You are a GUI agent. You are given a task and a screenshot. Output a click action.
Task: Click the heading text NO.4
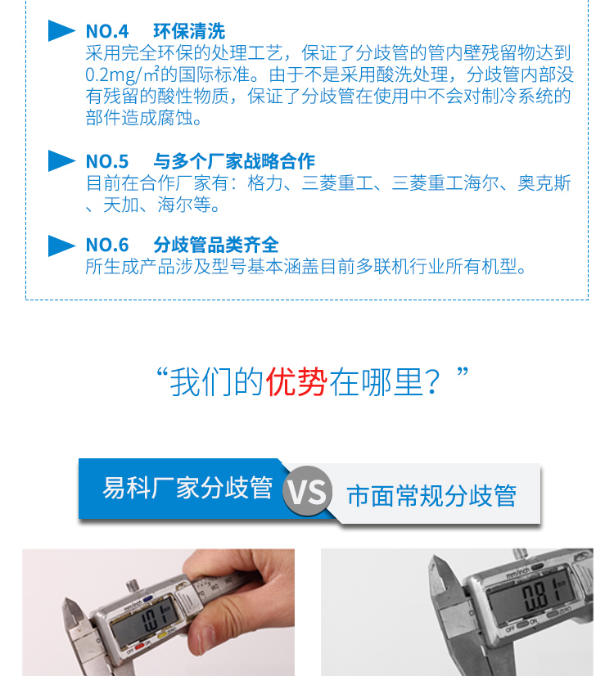click(x=107, y=32)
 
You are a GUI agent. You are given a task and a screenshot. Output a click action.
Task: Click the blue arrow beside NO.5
click(x=61, y=161)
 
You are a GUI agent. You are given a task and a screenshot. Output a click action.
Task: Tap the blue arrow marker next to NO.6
click(x=61, y=245)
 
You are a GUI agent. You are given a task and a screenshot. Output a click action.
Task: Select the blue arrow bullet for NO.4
click(x=61, y=32)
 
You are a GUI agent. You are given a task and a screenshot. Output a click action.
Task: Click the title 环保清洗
click(x=188, y=32)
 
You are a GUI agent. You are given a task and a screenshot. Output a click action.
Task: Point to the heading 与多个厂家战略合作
click(x=233, y=161)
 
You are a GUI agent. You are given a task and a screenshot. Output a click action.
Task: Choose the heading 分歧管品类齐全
click(x=215, y=245)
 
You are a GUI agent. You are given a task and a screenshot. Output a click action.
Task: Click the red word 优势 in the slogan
click(x=296, y=382)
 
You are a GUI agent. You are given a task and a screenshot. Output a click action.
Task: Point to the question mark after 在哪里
click(x=436, y=383)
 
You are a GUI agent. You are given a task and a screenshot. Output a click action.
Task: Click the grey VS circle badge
click(x=308, y=492)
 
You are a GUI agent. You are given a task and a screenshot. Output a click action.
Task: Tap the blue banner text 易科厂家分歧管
click(x=187, y=488)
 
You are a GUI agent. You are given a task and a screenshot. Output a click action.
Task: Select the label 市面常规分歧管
click(x=431, y=496)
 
